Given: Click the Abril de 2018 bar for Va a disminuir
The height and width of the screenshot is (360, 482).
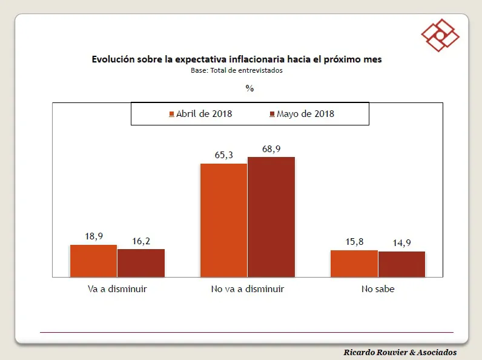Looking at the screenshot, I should click(x=93, y=261).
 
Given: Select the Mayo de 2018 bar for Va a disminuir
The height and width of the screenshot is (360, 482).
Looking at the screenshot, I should click(x=140, y=262).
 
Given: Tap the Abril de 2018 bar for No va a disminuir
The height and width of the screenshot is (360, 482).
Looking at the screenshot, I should click(x=223, y=220).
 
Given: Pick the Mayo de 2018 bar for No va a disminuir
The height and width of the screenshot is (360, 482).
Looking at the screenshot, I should click(x=271, y=216).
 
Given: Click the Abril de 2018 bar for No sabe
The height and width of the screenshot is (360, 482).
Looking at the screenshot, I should click(x=354, y=263).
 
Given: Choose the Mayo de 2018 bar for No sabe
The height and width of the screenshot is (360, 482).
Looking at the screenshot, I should click(x=401, y=264).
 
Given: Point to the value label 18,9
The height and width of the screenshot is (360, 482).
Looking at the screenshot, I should click(x=94, y=236).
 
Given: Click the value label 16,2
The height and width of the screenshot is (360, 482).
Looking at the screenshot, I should click(x=141, y=241).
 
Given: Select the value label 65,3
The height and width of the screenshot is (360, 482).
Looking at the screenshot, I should click(x=224, y=155).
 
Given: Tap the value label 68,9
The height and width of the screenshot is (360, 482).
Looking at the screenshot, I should click(x=271, y=148).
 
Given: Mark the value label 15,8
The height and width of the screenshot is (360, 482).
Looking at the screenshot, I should click(x=354, y=242).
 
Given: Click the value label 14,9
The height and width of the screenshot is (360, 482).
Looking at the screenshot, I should click(x=401, y=243).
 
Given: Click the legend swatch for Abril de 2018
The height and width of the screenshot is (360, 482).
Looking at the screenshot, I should click(x=172, y=114).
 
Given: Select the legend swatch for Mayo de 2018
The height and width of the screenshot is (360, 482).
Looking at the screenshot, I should click(x=272, y=114).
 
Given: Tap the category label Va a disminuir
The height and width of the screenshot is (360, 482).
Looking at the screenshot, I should click(x=117, y=289).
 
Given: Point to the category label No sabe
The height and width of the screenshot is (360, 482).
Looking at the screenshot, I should click(x=377, y=289).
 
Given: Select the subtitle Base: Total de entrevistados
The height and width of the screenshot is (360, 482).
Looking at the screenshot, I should click(x=236, y=70).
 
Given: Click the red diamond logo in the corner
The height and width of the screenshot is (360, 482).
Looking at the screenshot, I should click(x=440, y=35).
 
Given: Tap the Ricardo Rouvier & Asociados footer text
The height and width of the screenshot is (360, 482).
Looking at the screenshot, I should click(x=400, y=352).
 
